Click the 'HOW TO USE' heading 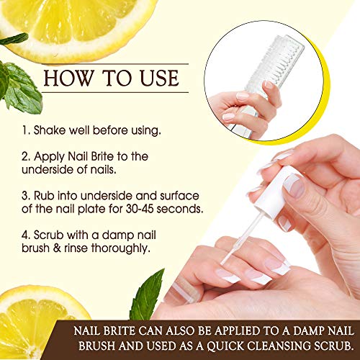(115, 76)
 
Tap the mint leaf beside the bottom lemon (148, 295)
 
